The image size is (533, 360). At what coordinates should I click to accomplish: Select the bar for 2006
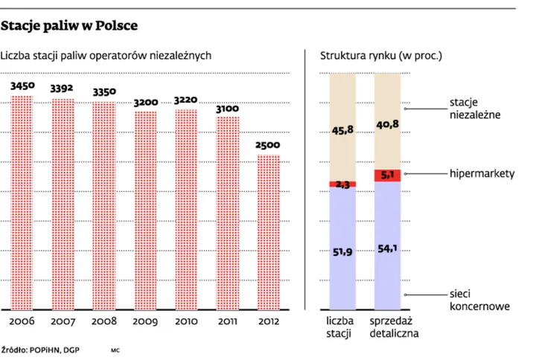click(x=22, y=201)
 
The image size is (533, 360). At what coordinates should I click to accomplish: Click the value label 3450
click(x=22, y=86)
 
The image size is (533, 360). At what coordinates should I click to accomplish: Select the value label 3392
click(x=63, y=89)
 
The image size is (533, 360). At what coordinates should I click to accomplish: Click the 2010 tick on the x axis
click(x=187, y=321)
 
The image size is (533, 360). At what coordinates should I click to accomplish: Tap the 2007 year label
click(x=63, y=321)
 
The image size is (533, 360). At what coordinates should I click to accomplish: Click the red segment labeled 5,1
click(x=388, y=176)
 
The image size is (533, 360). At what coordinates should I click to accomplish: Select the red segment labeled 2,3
click(x=343, y=184)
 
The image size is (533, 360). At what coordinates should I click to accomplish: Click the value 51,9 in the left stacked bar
click(x=343, y=253)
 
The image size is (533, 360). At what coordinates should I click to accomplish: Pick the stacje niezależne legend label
click(x=475, y=109)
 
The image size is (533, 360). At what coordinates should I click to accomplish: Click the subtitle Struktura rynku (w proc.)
click(x=380, y=56)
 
